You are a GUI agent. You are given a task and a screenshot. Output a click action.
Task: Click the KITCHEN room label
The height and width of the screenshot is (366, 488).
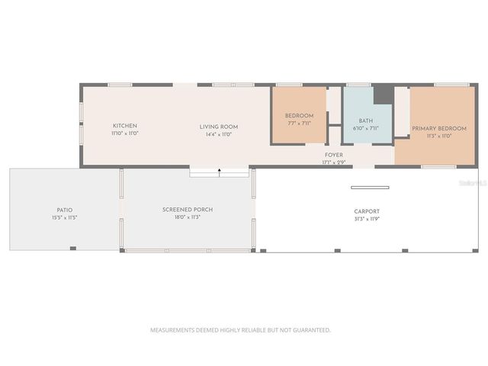pyautogui.click(x=125, y=126)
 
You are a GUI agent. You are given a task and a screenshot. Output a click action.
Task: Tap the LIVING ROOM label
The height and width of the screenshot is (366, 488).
pyautogui.click(x=219, y=127)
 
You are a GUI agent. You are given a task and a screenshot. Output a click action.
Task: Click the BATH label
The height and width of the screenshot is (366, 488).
pyautogui.click(x=366, y=120)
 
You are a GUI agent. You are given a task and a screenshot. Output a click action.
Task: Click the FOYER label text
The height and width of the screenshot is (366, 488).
pyautogui.click(x=333, y=155)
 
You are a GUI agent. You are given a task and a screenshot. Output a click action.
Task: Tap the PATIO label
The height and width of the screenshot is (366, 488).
pyautogui.click(x=65, y=210)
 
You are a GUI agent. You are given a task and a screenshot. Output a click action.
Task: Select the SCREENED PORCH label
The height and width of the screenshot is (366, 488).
pyautogui.click(x=188, y=210)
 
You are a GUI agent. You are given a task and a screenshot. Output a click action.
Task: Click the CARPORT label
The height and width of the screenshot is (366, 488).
pyautogui.click(x=367, y=211)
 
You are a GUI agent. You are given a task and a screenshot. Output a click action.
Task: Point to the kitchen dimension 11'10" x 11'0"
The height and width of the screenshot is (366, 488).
pyautogui.click(x=125, y=133)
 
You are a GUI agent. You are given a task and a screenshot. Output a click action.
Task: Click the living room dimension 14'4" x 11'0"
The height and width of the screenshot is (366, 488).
pyautogui.click(x=219, y=134)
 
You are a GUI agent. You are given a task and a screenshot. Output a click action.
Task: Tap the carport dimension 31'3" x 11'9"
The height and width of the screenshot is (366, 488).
pyautogui.click(x=367, y=219)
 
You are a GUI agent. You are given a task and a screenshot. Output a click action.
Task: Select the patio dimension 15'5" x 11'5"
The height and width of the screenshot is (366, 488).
pyautogui.click(x=65, y=217)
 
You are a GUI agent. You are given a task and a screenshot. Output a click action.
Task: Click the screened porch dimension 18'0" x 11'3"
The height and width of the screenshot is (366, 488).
pyautogui.click(x=188, y=217)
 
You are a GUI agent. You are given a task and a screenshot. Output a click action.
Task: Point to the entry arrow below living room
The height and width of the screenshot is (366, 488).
pyautogui.click(x=220, y=172)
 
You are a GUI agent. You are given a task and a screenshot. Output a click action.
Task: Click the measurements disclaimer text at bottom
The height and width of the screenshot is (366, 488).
pyautogui.click(x=240, y=330)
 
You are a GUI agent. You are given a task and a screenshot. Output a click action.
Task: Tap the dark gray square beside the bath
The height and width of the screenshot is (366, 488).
pyautogui.click(x=383, y=95)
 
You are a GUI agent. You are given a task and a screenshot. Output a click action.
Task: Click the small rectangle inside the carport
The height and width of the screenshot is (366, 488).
pyautogui.click(x=370, y=187)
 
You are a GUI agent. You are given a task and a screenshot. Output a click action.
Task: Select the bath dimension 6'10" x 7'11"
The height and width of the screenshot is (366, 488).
pyautogui.click(x=366, y=128)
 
